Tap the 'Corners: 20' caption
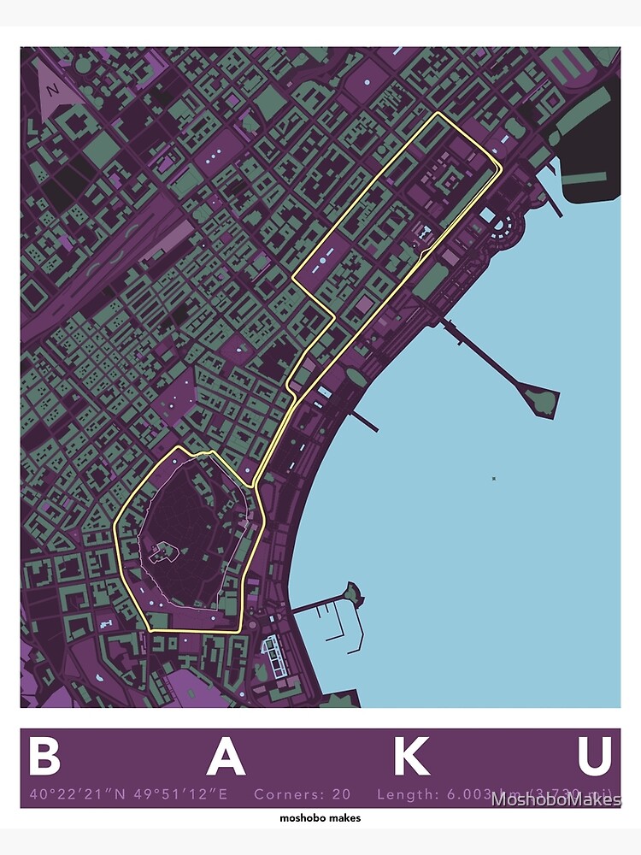pyautogui.click(x=302, y=794)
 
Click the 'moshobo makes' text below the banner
pyautogui.click(x=320, y=818)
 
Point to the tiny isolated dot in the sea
pyautogui.click(x=493, y=478)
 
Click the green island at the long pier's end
pyautogui.click(x=541, y=399)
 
